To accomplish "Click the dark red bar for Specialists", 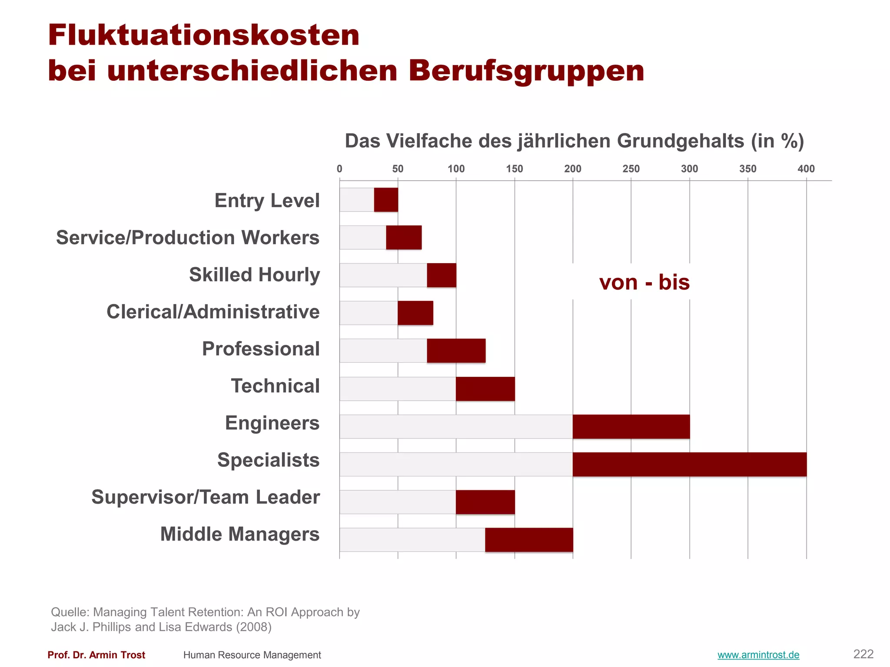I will (689, 464).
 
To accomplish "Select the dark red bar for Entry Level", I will (386, 200).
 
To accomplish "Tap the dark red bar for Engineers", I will (631, 426).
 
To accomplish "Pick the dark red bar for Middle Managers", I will (529, 540).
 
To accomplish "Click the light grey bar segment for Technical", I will (398, 389).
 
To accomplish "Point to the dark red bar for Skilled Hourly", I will (442, 275).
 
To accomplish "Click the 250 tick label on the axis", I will (631, 169).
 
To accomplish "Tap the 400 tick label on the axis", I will (806, 169).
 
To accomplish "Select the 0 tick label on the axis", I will (339, 169).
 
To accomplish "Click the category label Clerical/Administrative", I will (213, 312).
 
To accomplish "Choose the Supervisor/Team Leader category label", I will (206, 497).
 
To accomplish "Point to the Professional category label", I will (261, 349).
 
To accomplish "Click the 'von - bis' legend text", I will (644, 282).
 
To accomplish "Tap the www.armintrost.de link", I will (758, 655).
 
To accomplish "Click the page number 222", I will (863, 654).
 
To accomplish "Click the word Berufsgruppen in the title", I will (526, 71).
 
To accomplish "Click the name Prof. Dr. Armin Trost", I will (96, 655).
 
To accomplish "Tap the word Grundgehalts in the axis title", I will (680, 141).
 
